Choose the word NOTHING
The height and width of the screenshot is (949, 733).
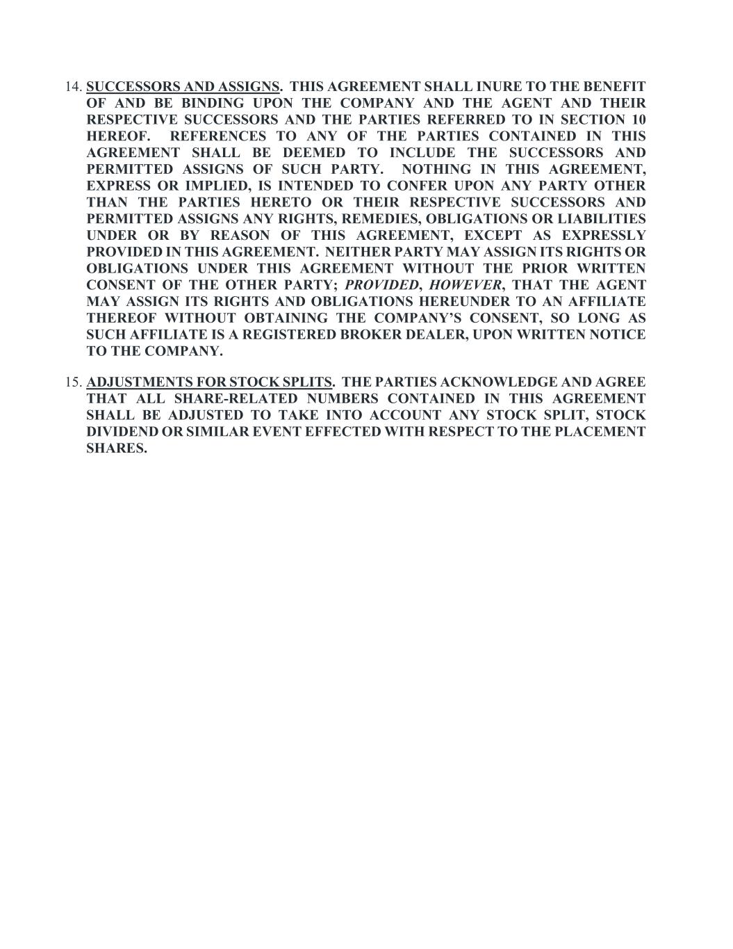[434, 169]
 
